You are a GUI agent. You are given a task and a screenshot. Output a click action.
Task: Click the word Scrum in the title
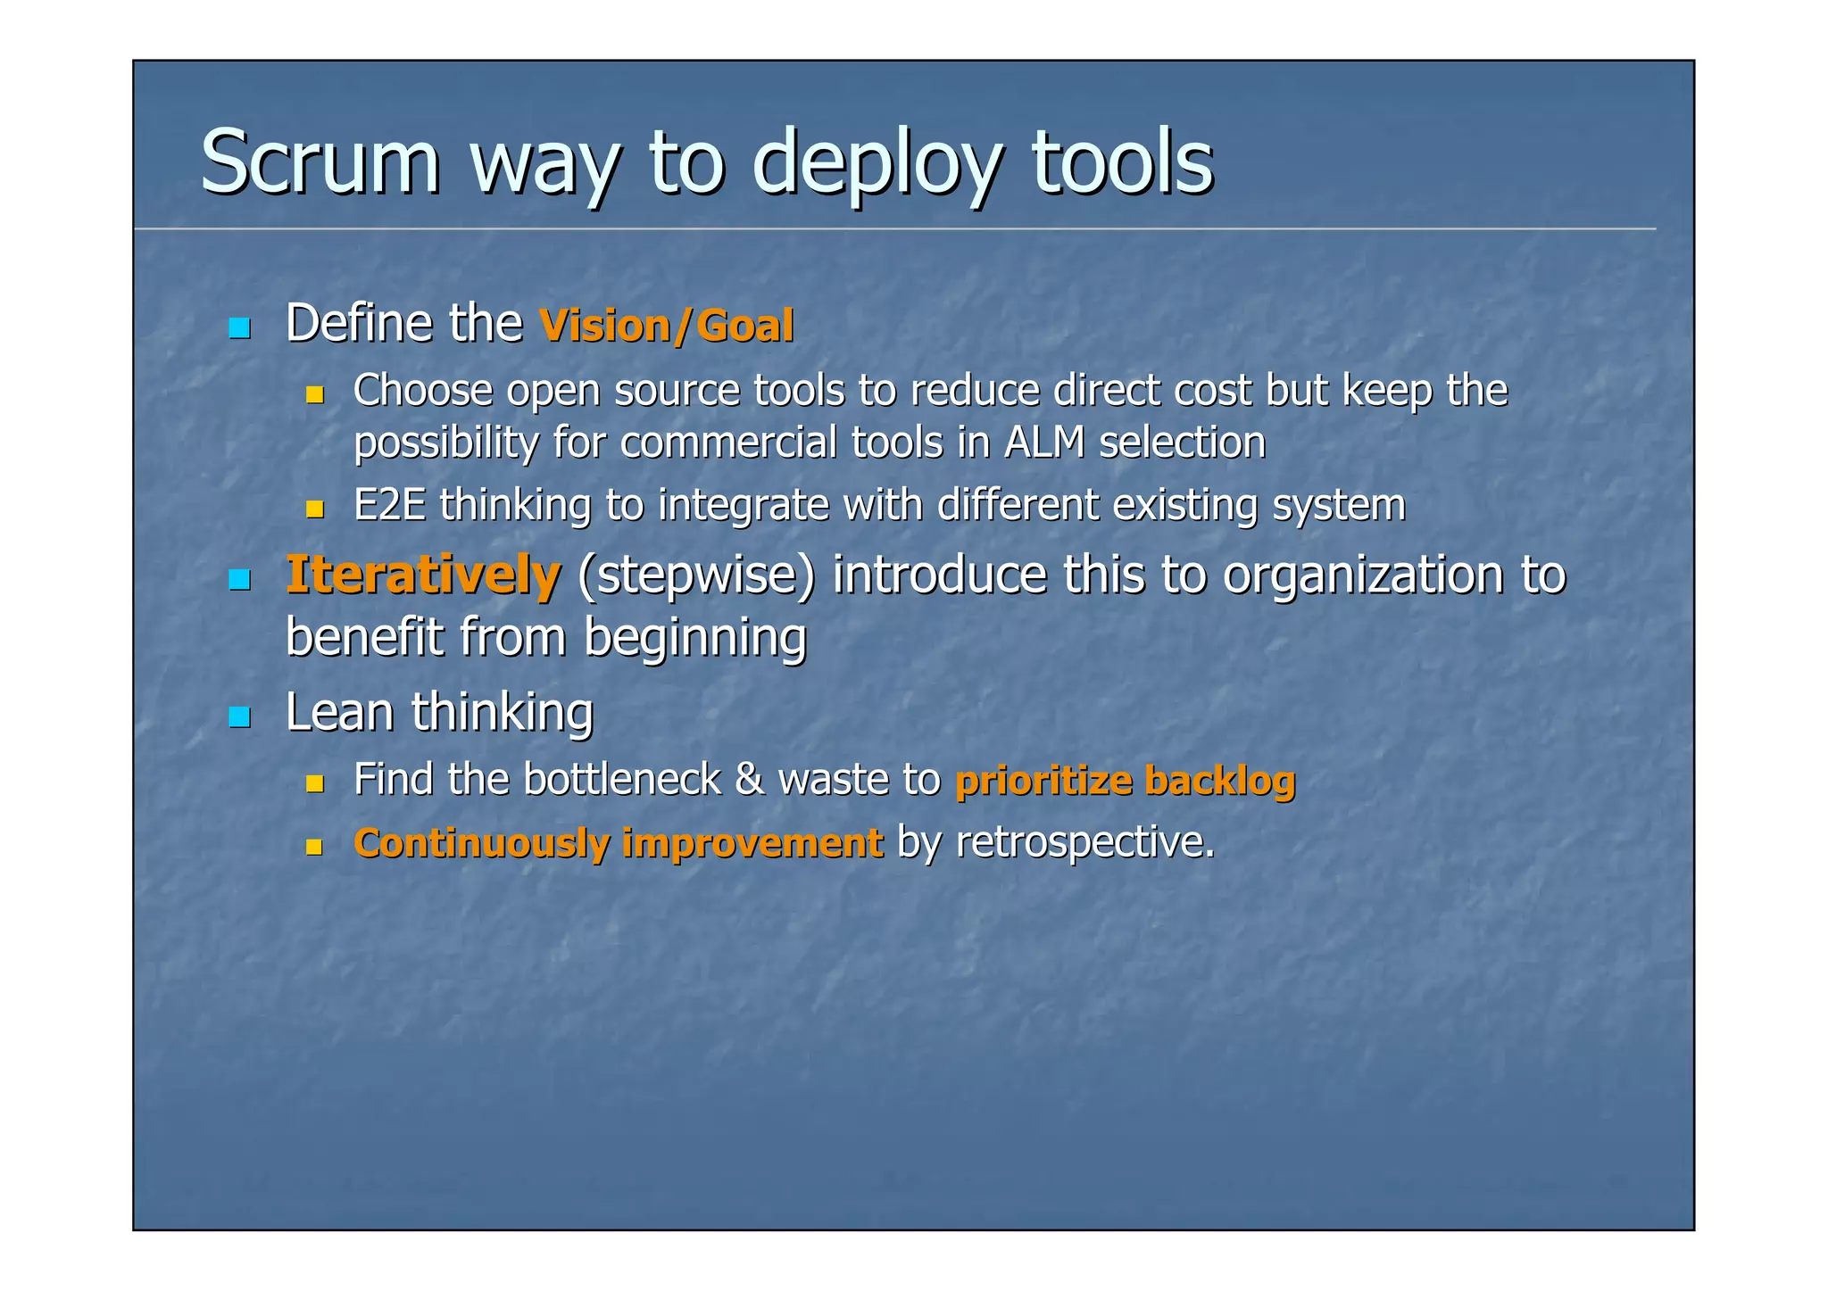[x=320, y=162]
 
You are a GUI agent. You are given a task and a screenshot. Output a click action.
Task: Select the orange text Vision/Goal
[x=666, y=326]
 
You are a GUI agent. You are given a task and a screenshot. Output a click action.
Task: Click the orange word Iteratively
[x=422, y=575]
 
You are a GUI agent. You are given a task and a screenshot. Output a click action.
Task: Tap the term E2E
[x=389, y=506]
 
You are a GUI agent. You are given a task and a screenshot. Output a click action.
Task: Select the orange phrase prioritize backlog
[x=1125, y=781]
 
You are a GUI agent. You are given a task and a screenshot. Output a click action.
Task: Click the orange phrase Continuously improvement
[x=618, y=844]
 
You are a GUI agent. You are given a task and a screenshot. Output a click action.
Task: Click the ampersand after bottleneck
[x=749, y=781]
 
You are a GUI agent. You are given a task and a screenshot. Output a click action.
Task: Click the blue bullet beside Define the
[x=239, y=328]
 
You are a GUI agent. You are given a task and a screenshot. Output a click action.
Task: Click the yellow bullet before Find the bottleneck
[x=314, y=784]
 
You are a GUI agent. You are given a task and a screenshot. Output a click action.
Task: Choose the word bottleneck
[x=621, y=781]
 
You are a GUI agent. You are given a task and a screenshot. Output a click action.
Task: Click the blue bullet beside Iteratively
[x=239, y=581]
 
